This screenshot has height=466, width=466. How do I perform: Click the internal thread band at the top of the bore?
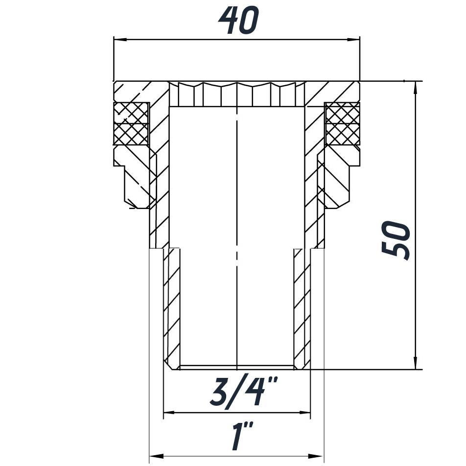(x=237, y=94)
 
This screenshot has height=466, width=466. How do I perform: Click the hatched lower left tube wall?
(x=171, y=308)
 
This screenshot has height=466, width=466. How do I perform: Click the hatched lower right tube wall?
(x=302, y=308)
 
